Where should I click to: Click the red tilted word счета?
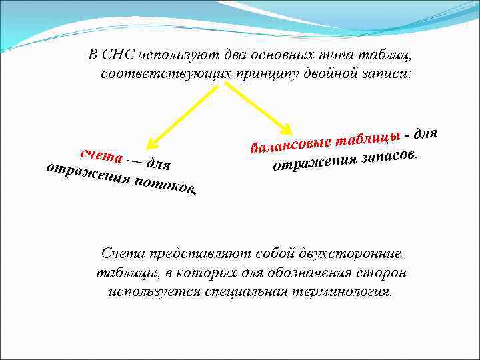101,155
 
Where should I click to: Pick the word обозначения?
317,273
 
